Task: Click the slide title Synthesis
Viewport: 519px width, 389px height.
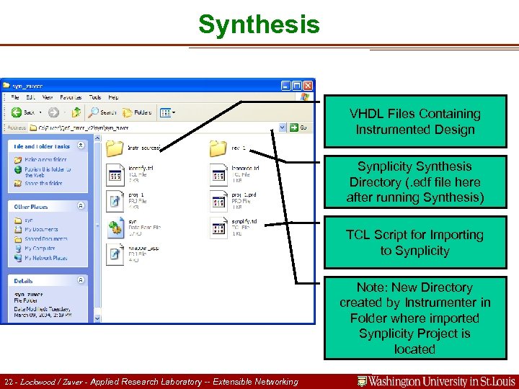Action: tap(259, 24)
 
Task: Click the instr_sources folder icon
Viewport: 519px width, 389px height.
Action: tap(115, 148)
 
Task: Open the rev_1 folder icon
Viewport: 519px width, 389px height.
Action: tap(218, 148)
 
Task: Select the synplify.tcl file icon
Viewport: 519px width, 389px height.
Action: tap(218, 228)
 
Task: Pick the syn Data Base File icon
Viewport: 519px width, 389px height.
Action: tap(115, 228)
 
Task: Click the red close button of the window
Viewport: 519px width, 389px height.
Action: tap(308, 85)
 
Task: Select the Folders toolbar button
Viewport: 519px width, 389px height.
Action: tap(136, 112)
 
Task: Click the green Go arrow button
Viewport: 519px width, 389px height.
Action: tap(294, 128)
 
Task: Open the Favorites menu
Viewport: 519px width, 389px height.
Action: tap(71, 97)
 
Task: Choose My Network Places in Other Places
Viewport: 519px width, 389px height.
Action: tap(42, 257)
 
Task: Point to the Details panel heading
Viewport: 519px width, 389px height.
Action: tap(24, 281)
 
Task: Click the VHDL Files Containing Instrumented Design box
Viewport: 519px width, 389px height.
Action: tap(414, 122)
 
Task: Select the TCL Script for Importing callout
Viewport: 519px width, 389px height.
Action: tap(414, 243)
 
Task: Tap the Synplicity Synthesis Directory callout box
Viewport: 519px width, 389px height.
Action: tap(414, 182)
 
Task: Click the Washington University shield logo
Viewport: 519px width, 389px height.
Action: tap(363, 381)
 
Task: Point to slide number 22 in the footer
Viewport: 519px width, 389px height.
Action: tap(8, 382)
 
